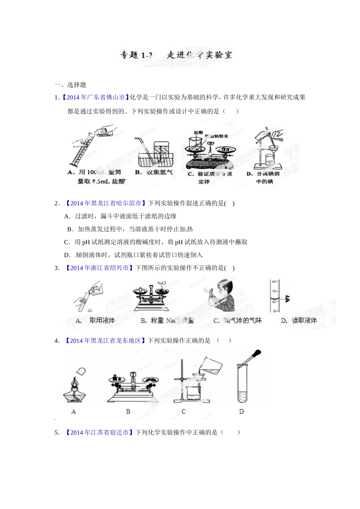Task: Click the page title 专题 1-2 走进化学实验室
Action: click(x=176, y=55)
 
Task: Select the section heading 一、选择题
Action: click(x=70, y=85)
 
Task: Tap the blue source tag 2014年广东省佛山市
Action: click(x=95, y=97)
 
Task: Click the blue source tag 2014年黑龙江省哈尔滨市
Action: click(x=105, y=203)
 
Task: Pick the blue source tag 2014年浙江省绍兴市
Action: click(x=99, y=268)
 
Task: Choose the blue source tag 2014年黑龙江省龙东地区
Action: click(x=105, y=341)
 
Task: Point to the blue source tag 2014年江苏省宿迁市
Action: click(x=99, y=432)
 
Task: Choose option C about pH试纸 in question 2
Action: click(x=156, y=242)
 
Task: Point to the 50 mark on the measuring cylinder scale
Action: click(x=274, y=291)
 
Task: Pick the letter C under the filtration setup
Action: click(x=184, y=412)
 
